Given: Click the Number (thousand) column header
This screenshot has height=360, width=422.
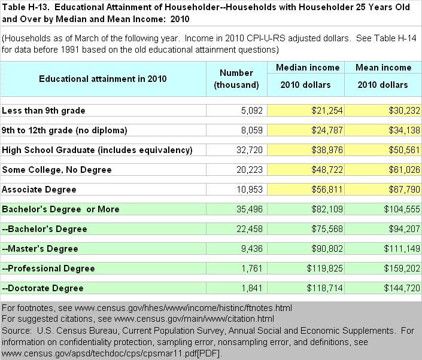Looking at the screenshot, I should click(236, 79).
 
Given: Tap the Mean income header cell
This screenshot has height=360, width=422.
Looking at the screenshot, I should click(383, 68).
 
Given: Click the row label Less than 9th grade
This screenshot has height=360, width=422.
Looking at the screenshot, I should click(44, 110).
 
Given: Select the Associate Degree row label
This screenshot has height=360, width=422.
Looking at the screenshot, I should click(40, 189).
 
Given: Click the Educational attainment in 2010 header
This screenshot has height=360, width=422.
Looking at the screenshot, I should click(102, 78).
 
